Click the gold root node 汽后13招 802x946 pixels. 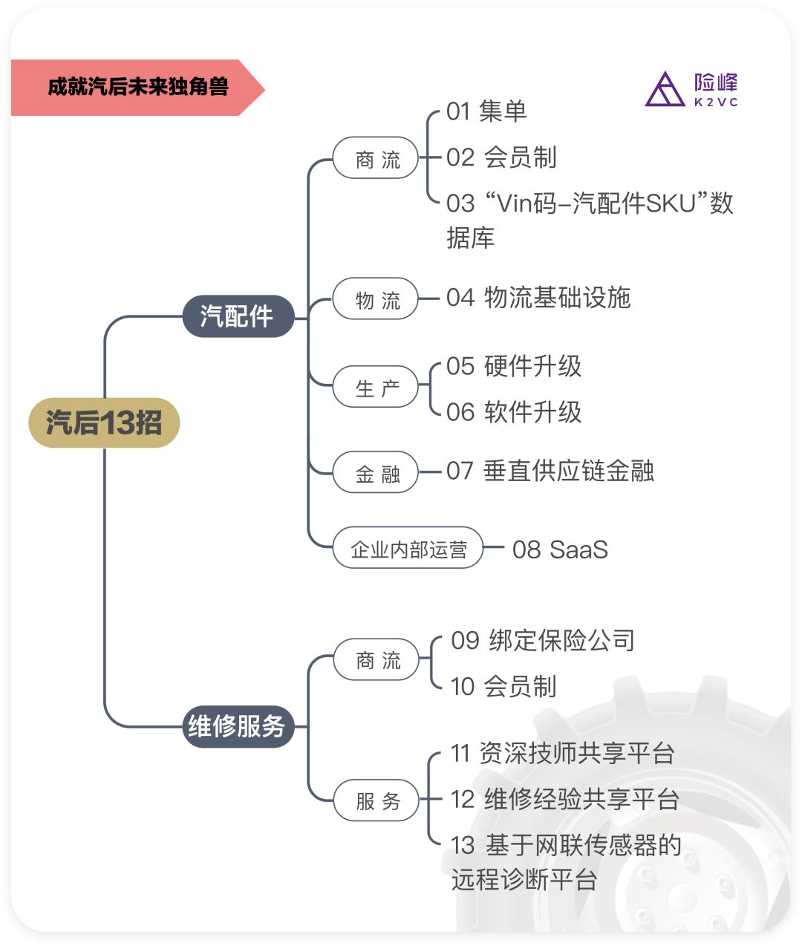coord(104,423)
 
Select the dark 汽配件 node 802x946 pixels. coord(238,316)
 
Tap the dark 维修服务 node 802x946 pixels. coord(238,726)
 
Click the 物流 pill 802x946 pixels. coord(376,299)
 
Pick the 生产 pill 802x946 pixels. coord(376,387)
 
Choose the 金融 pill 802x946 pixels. coord(376,473)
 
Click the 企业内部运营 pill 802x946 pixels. coord(408,549)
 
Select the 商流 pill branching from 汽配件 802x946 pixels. coord(376,158)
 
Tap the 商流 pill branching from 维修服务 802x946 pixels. coord(376,659)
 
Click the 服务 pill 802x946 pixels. coord(376,800)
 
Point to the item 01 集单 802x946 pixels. coord(486,111)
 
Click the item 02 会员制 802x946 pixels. coord(501,157)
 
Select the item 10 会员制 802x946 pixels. coord(503,686)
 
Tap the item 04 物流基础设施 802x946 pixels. coord(538,298)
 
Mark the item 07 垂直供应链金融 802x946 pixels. coord(550,471)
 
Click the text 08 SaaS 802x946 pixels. coord(560,549)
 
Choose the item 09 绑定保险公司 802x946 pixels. coord(543,640)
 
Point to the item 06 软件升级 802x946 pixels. coord(514,412)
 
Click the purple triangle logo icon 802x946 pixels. coord(665,91)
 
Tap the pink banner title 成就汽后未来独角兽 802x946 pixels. coord(137,88)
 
